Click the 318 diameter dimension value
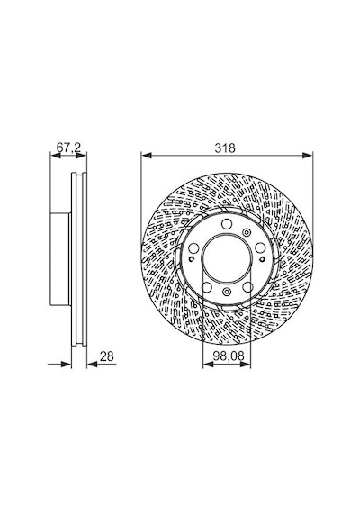[225, 148]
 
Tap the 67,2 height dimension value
[68, 148]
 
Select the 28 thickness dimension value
[107, 356]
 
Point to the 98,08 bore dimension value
[229, 356]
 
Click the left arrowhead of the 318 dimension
[147, 156]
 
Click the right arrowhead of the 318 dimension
[308, 156]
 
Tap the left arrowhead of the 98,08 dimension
[208, 364]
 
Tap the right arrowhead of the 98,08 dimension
[246, 364]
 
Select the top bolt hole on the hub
[227, 224]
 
